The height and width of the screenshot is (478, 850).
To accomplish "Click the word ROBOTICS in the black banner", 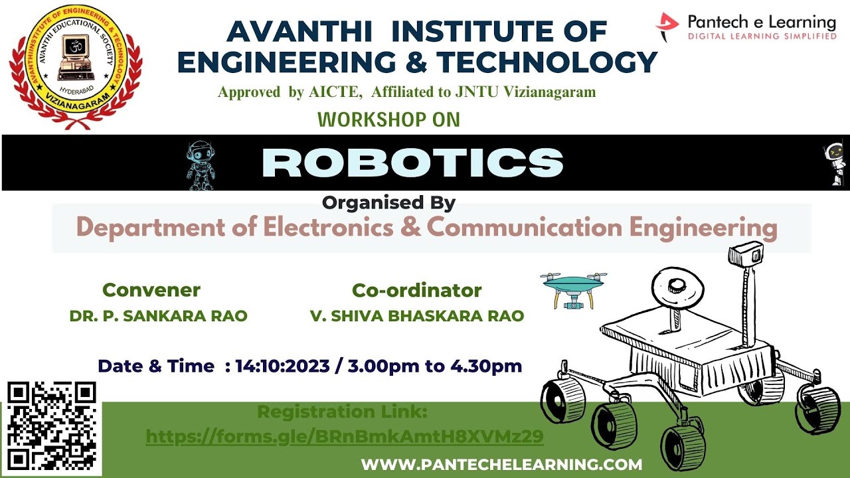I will click(x=412, y=163).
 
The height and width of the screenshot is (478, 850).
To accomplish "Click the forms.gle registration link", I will click(x=345, y=436).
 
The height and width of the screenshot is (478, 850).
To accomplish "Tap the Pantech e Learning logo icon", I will click(x=667, y=27).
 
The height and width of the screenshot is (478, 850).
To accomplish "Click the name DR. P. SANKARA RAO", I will click(x=158, y=316).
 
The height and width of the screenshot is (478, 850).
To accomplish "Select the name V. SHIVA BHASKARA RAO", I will click(x=417, y=316).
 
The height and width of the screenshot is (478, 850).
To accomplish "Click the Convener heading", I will click(x=151, y=290).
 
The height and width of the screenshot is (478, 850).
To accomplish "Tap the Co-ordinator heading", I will click(x=416, y=290).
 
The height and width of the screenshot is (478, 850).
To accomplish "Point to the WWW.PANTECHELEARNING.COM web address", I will click(x=501, y=465).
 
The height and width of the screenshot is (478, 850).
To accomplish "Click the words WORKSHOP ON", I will click(x=388, y=120).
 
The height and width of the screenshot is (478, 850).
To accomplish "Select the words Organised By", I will click(x=388, y=202).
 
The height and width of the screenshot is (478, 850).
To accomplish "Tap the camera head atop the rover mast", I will click(x=746, y=253).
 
